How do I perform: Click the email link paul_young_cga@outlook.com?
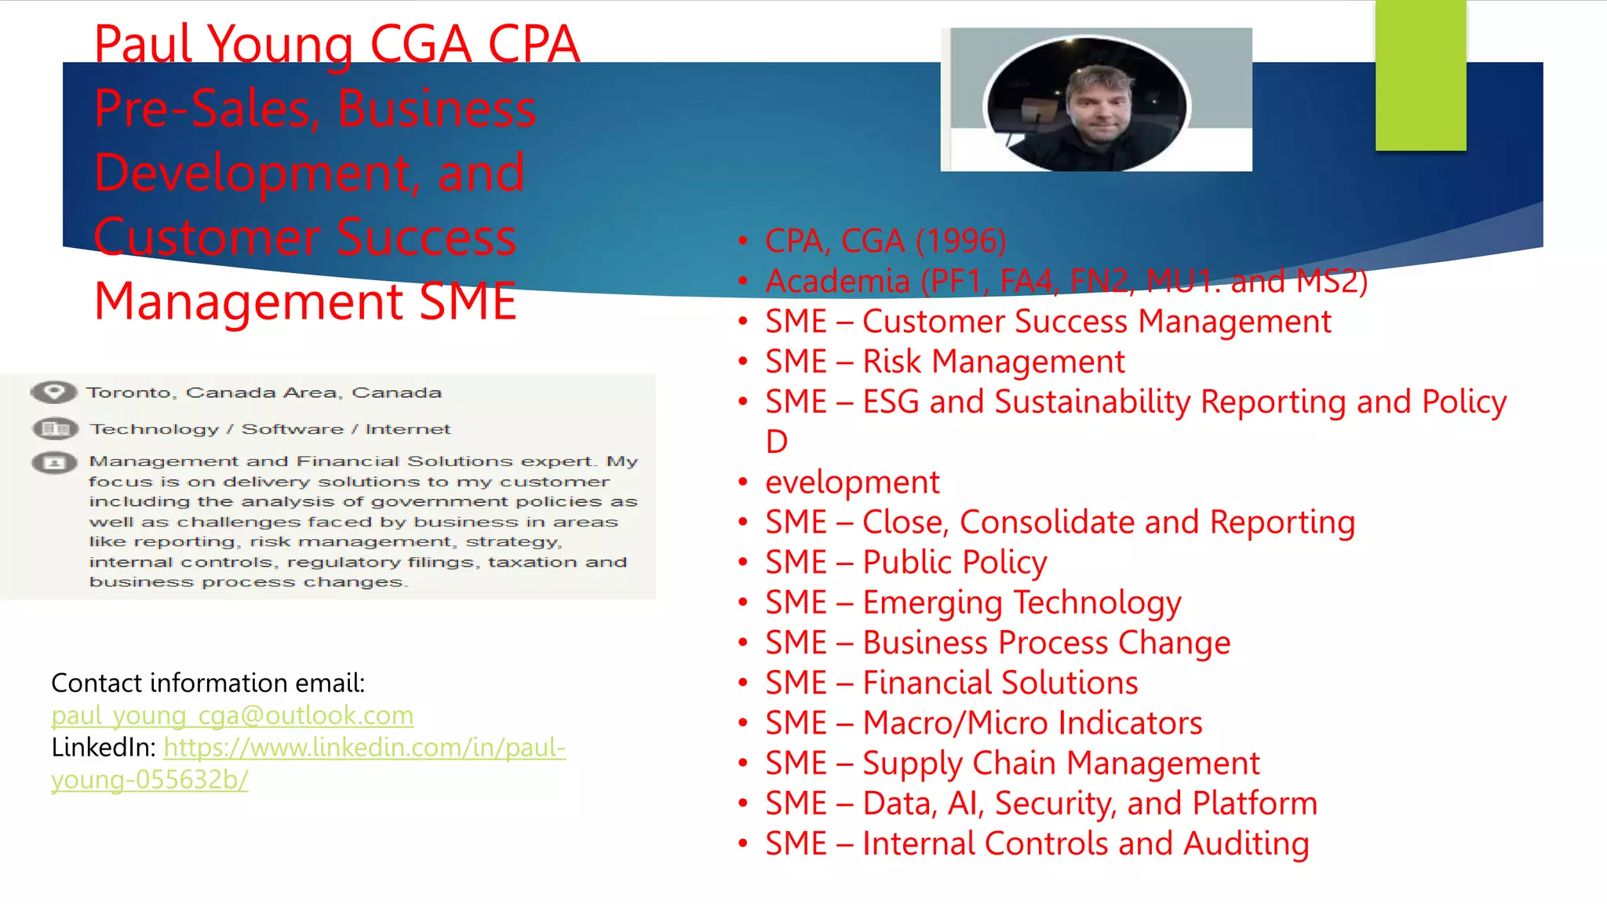click(232, 716)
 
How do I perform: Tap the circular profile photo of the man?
click(1088, 104)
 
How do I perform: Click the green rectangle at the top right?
click(1420, 75)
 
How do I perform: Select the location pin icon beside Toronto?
click(53, 392)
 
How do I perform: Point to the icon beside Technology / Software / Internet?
click(55, 428)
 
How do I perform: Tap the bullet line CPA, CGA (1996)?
click(885, 241)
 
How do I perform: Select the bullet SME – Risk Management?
click(945, 362)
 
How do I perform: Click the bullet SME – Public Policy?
click(906, 563)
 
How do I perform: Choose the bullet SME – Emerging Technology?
click(973, 603)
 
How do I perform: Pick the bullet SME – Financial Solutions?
click(951, 683)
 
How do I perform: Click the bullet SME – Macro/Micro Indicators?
click(983, 723)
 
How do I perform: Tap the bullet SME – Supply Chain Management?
click(1012, 764)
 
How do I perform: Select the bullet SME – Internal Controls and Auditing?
click(1037, 844)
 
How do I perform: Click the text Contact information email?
click(208, 683)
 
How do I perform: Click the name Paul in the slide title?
click(144, 44)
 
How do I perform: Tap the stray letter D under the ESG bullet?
click(777, 442)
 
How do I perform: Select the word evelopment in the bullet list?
click(852, 483)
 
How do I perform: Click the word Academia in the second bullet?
click(837, 282)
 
